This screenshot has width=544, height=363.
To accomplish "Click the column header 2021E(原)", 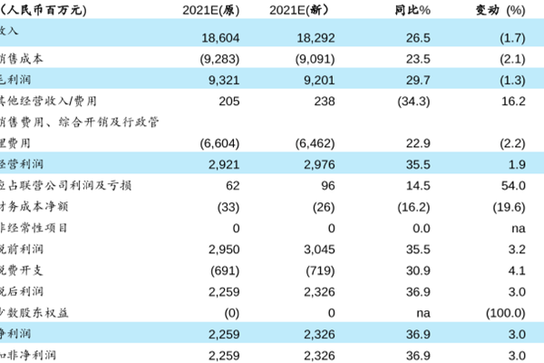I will pyautogui.click(x=212, y=10).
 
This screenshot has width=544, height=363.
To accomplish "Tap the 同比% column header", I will pyautogui.click(x=412, y=10).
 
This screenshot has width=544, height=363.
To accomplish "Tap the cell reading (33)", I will pyautogui.click(x=227, y=206).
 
